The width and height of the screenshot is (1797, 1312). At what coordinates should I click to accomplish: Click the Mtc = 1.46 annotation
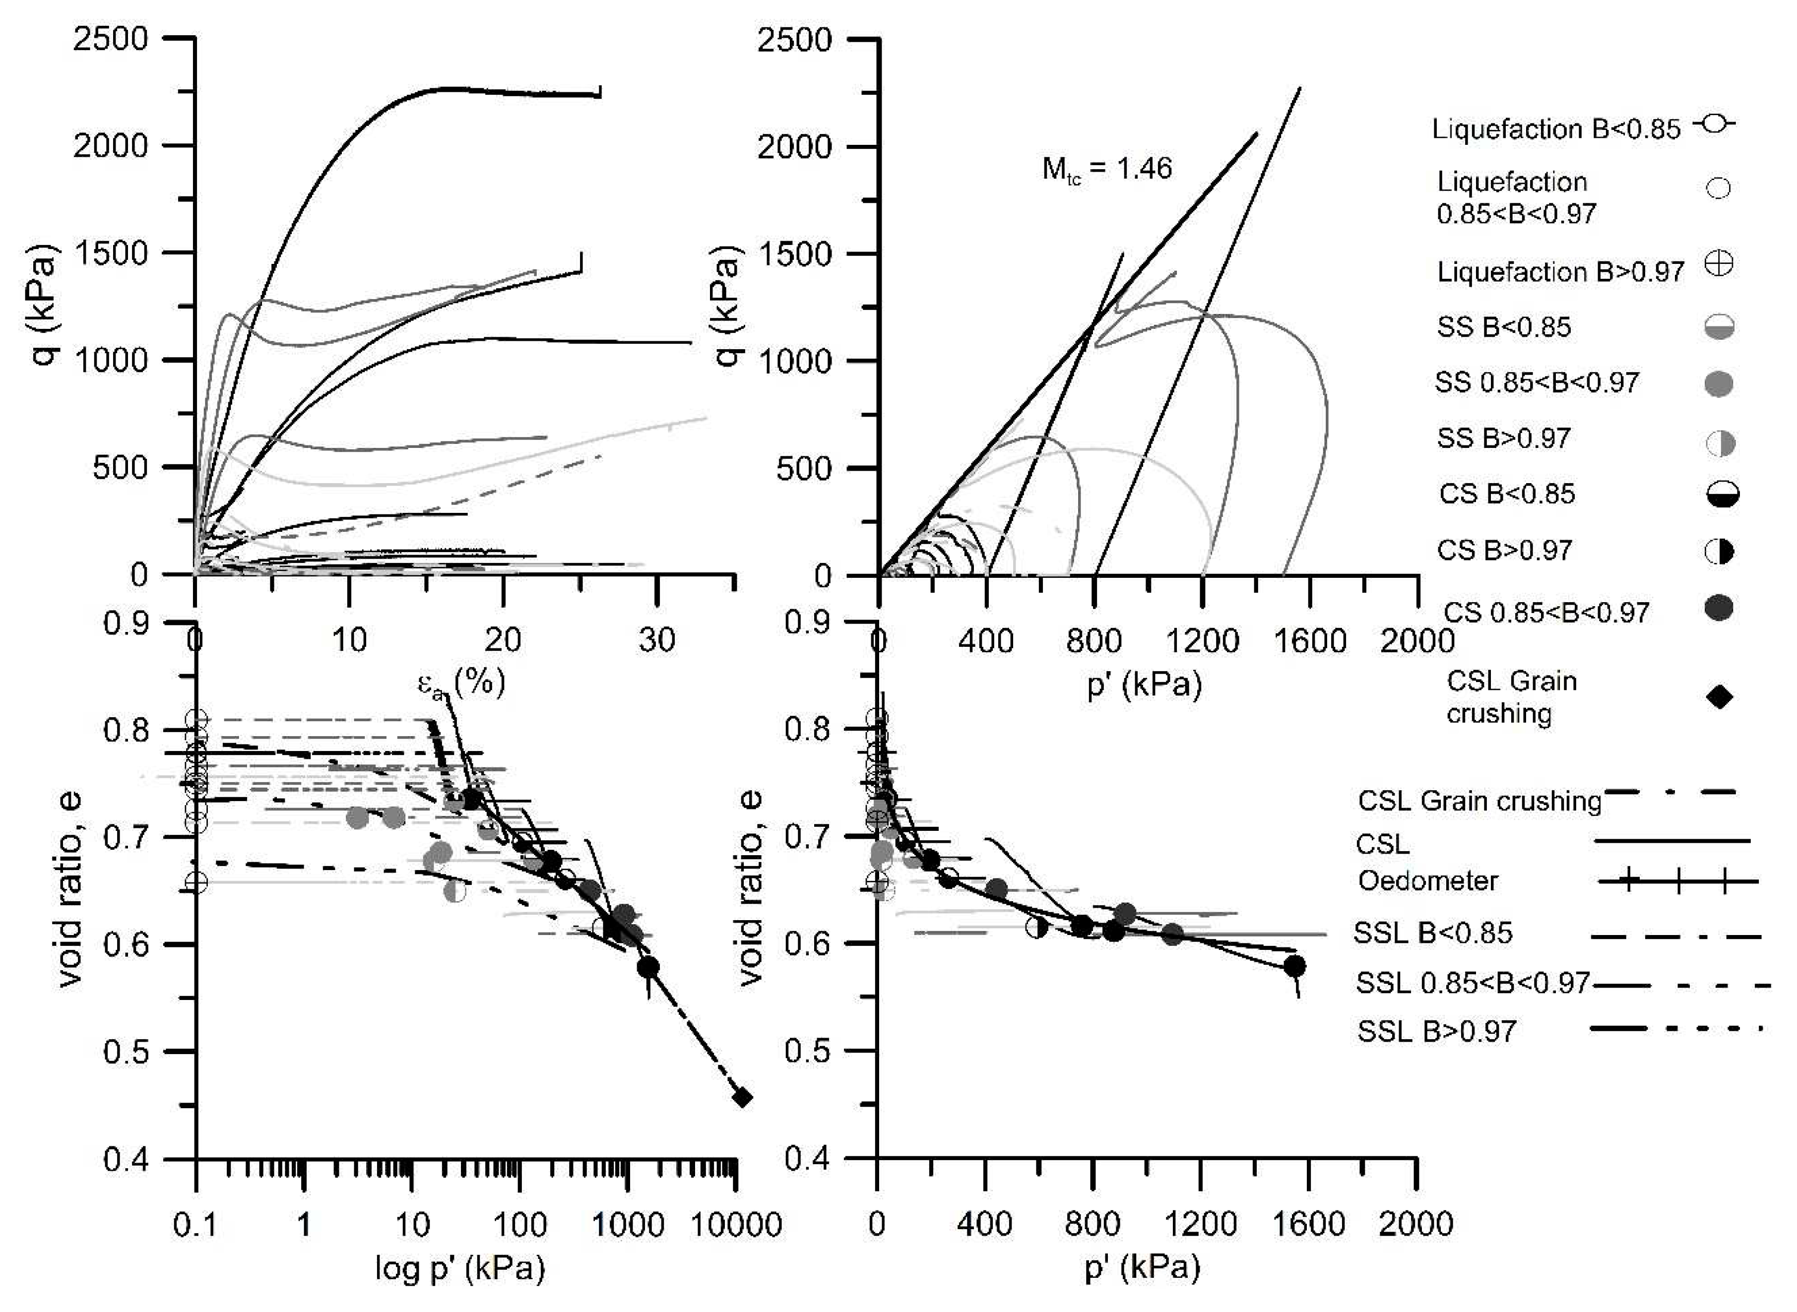point(1107,169)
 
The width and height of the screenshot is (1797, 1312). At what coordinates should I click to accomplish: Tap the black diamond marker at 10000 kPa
point(743,1098)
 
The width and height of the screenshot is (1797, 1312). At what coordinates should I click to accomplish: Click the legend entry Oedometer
point(1427,881)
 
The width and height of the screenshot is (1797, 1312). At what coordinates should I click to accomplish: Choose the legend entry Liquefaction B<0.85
point(1555,129)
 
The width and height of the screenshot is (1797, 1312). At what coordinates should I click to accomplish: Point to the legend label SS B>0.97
point(1503,438)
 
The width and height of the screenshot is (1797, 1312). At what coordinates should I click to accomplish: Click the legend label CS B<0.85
point(1506,494)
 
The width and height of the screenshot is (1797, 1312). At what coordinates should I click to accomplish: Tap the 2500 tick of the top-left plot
point(111,38)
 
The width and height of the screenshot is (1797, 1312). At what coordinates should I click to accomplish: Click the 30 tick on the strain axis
point(656,639)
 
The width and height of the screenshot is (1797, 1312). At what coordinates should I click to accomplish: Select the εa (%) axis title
point(461,683)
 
